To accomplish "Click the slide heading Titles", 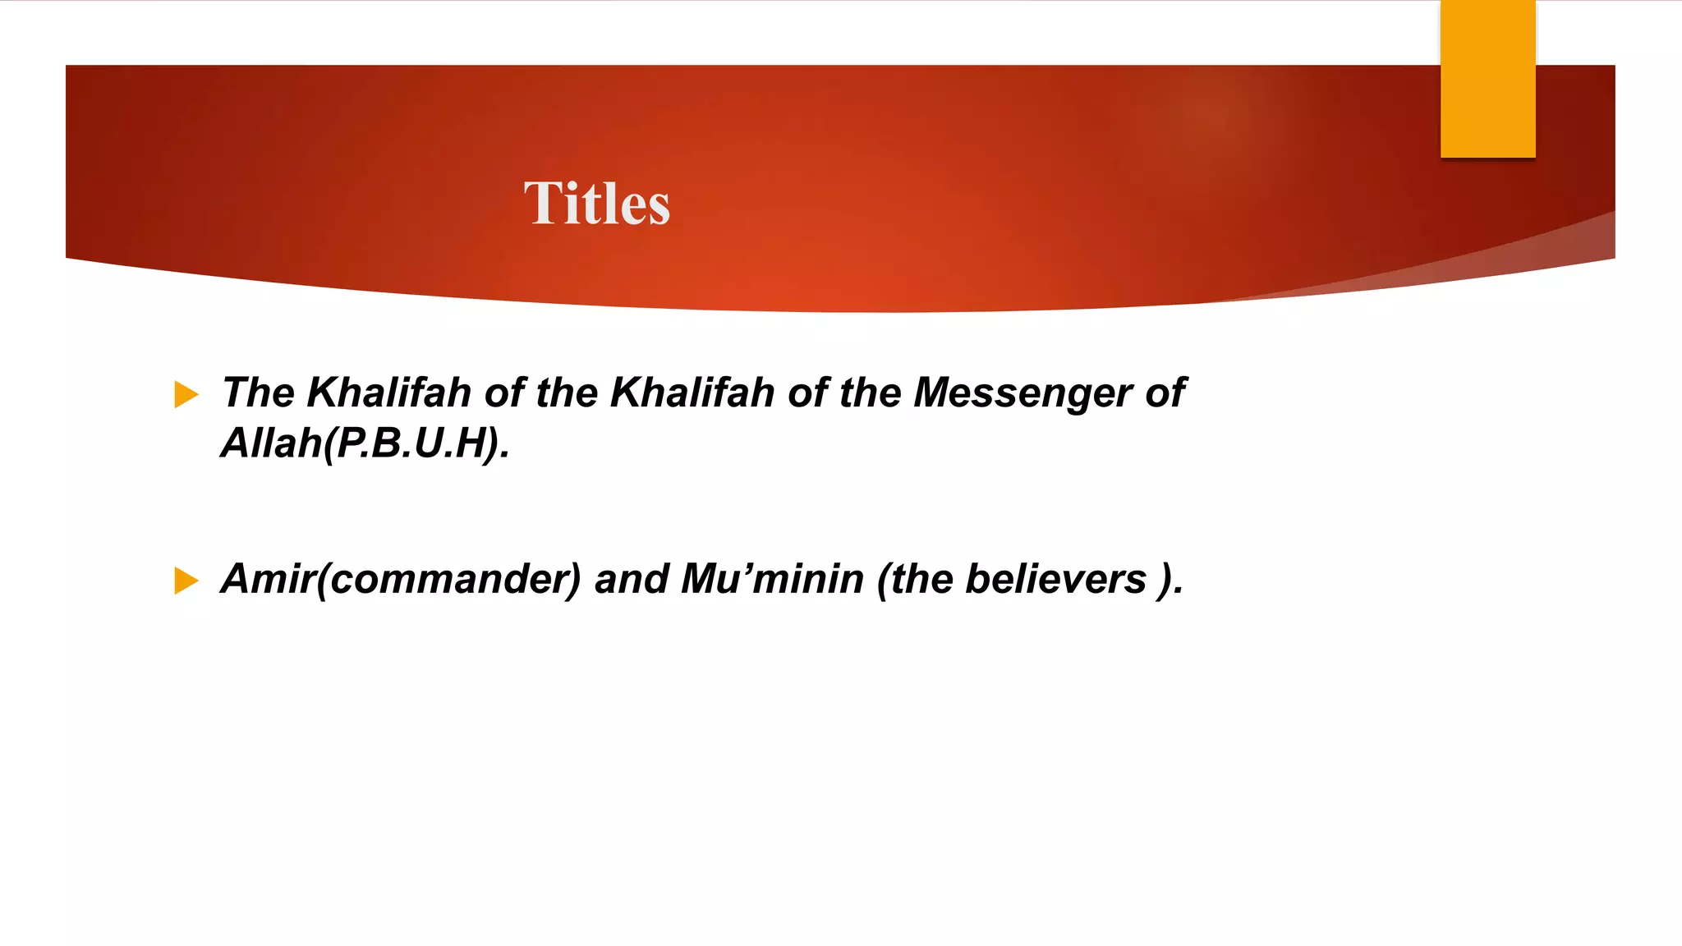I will pyautogui.click(x=597, y=204).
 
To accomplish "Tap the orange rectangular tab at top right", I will pyautogui.click(x=1487, y=79).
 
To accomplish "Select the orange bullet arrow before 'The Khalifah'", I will pyautogui.click(x=186, y=395).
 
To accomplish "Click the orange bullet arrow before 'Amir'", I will pyautogui.click(x=186, y=581).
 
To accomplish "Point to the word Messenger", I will pyautogui.click(x=1022, y=393).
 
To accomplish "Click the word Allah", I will pyautogui.click(x=271, y=443).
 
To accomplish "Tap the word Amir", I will pyautogui.click(x=268, y=579).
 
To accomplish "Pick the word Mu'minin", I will pyautogui.click(x=772, y=579).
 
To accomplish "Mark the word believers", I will pyautogui.click(x=1055, y=579).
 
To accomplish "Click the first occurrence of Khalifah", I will pyautogui.click(x=388, y=393).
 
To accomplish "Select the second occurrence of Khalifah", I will pyautogui.click(x=692, y=393).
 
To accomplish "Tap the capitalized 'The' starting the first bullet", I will pyautogui.click(x=258, y=393).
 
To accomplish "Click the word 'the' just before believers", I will pyautogui.click(x=921, y=579).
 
